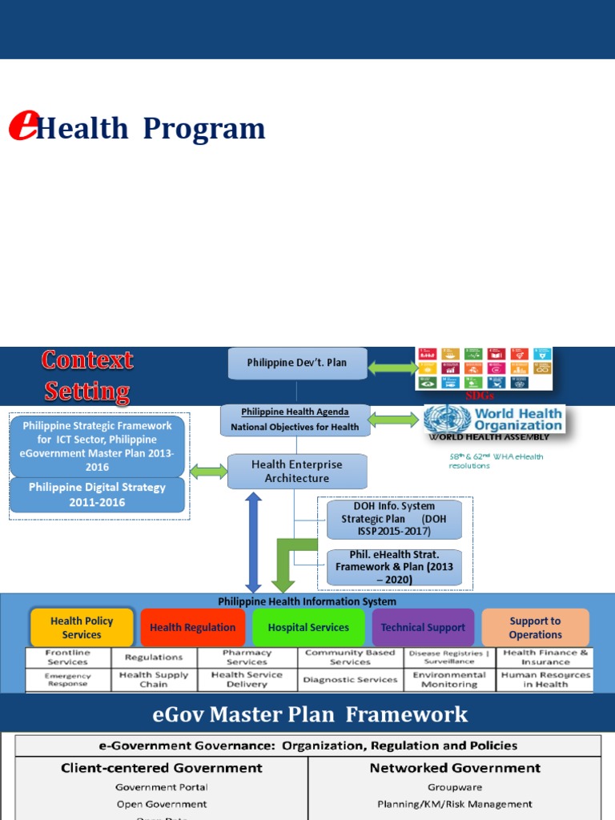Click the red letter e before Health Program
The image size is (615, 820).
(x=22, y=126)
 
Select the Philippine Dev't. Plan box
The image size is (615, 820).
(x=296, y=363)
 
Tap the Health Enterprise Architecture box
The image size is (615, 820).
(x=296, y=471)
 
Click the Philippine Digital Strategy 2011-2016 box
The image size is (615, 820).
(x=98, y=494)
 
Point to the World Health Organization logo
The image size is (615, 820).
(x=493, y=420)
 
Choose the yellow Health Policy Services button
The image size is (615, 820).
(x=82, y=628)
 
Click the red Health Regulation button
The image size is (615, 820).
(x=192, y=628)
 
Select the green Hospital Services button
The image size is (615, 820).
(x=308, y=628)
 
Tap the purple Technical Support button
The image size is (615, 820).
(x=423, y=628)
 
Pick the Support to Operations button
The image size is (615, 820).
(x=535, y=628)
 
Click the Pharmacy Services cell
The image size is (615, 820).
(x=247, y=657)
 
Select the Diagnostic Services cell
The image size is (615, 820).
(x=350, y=680)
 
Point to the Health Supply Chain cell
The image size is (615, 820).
(x=154, y=680)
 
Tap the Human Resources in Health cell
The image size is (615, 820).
(x=545, y=680)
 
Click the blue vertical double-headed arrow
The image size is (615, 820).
(x=254, y=541)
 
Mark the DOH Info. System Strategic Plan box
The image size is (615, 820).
(x=394, y=519)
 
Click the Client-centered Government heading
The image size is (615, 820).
(x=162, y=768)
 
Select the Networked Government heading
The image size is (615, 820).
(x=454, y=768)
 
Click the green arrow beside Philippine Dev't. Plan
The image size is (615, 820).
(x=392, y=368)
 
